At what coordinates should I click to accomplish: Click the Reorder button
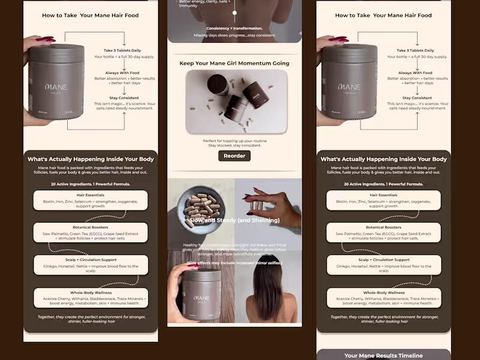pyautogui.click(x=234, y=156)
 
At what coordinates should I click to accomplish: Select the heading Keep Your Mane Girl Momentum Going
pyautogui.click(x=234, y=63)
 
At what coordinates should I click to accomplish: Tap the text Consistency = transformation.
pyautogui.click(x=234, y=28)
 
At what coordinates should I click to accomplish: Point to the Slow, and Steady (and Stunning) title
pyautogui.click(x=234, y=220)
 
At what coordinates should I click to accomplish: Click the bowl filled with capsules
pyautogui.click(x=203, y=208)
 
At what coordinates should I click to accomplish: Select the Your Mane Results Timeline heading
pyautogui.click(x=383, y=355)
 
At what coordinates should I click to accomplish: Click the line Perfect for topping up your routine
pyautogui.click(x=234, y=141)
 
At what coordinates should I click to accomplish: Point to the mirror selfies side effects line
pyautogui.click(x=234, y=263)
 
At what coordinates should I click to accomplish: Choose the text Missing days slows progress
pyautogui.click(x=234, y=35)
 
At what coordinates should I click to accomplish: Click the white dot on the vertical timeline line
pyautogui.click(x=234, y=12)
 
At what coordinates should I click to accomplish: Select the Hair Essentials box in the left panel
pyautogui.click(x=91, y=200)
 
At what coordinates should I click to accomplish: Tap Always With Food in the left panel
pyautogui.click(x=125, y=73)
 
